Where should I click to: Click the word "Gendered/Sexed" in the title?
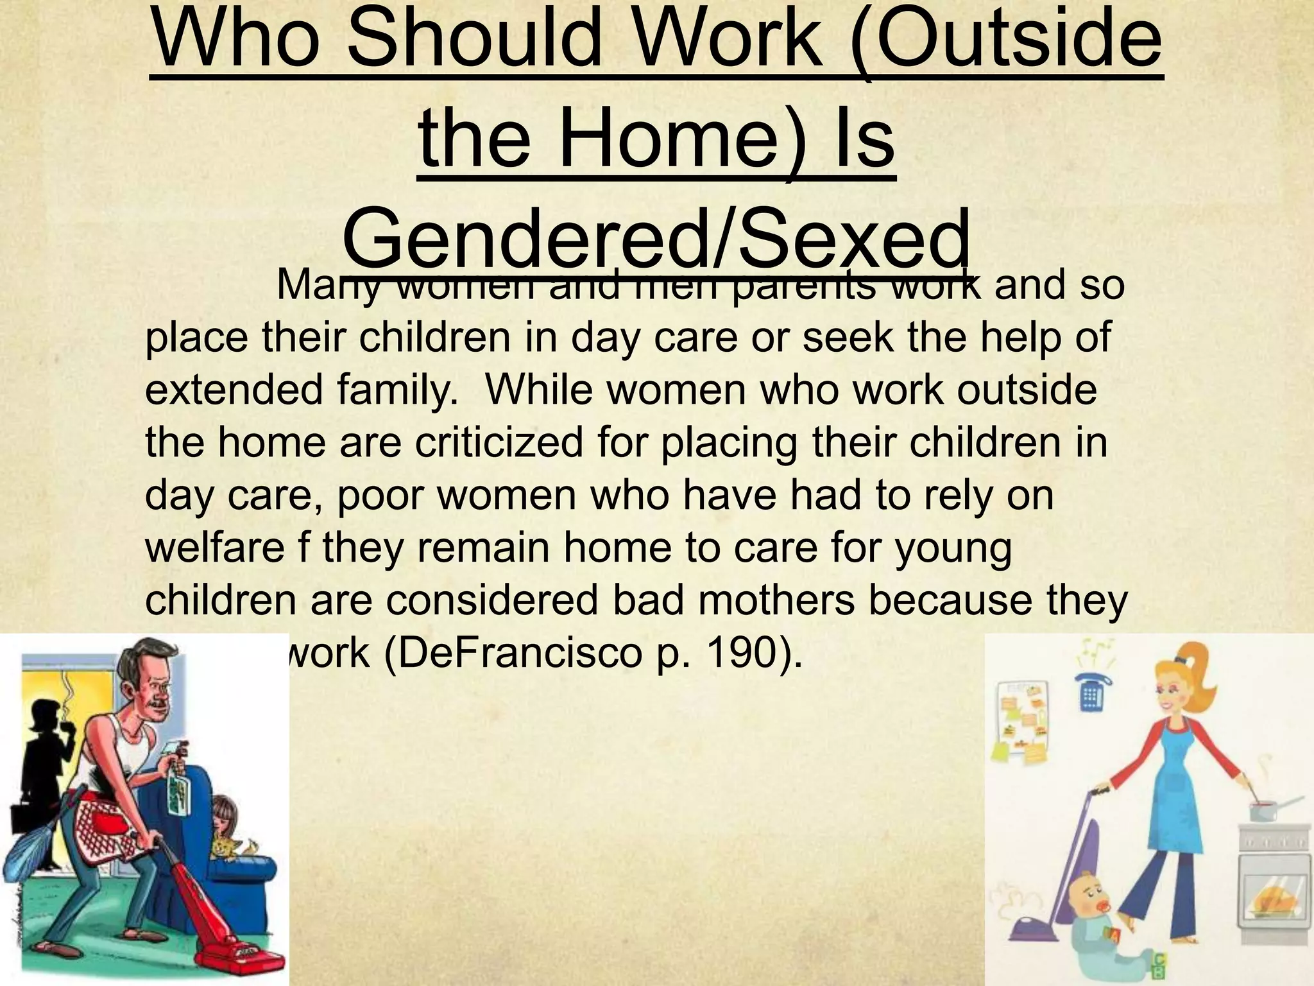click(656, 243)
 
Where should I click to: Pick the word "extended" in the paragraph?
click(234, 390)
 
